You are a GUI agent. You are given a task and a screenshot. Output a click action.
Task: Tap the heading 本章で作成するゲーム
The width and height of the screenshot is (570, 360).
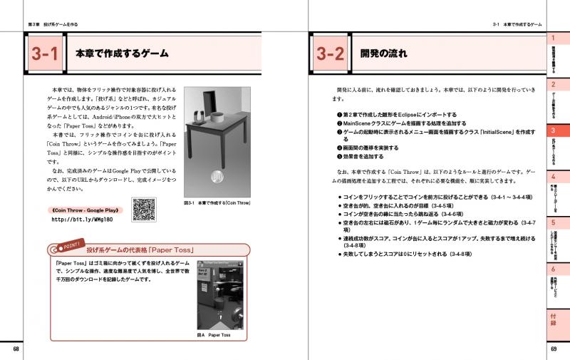[117, 54]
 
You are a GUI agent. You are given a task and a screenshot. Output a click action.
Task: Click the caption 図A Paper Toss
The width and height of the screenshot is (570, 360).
[214, 334]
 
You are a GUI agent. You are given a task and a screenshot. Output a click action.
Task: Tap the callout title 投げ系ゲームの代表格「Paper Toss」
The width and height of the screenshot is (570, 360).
[141, 250]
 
